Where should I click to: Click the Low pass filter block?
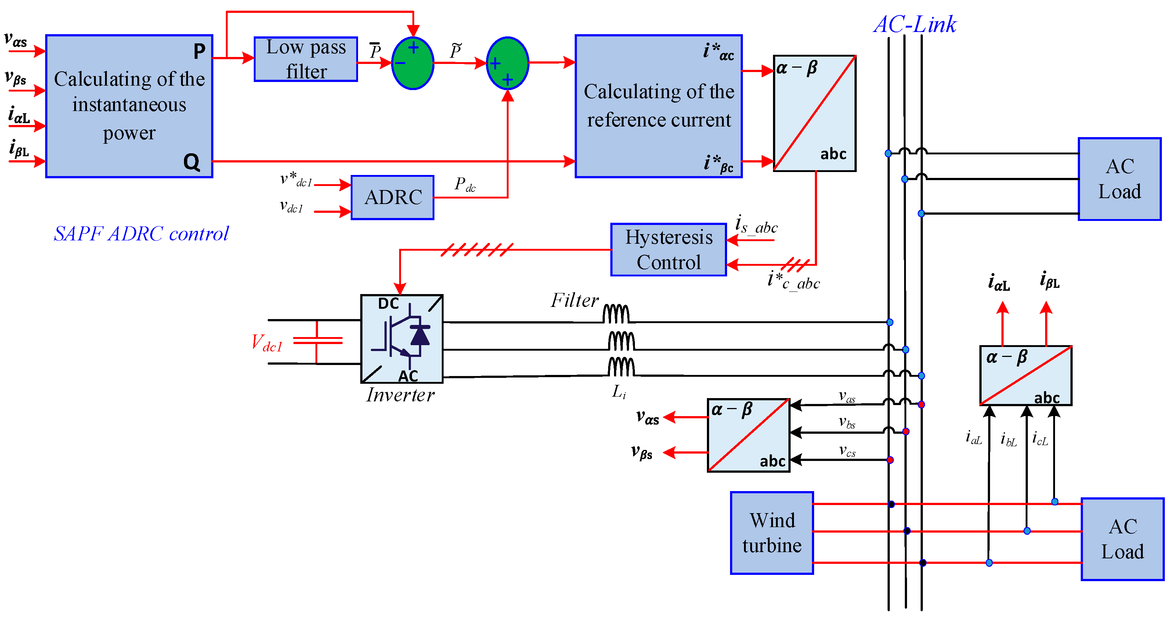(x=306, y=59)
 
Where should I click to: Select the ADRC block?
(x=393, y=197)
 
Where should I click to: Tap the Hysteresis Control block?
(x=668, y=250)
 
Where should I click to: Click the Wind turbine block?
(x=772, y=533)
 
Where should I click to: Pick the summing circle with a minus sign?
(x=412, y=63)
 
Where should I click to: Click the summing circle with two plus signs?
(x=507, y=63)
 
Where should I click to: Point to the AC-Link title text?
(x=915, y=24)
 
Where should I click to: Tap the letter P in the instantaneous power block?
(x=199, y=51)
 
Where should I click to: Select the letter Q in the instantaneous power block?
(x=191, y=162)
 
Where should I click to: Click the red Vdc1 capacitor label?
(x=267, y=343)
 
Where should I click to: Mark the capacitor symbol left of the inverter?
(x=317, y=341)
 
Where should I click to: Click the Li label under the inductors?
(x=618, y=391)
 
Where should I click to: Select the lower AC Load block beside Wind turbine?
(x=1122, y=539)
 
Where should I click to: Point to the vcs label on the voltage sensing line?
(x=847, y=451)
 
